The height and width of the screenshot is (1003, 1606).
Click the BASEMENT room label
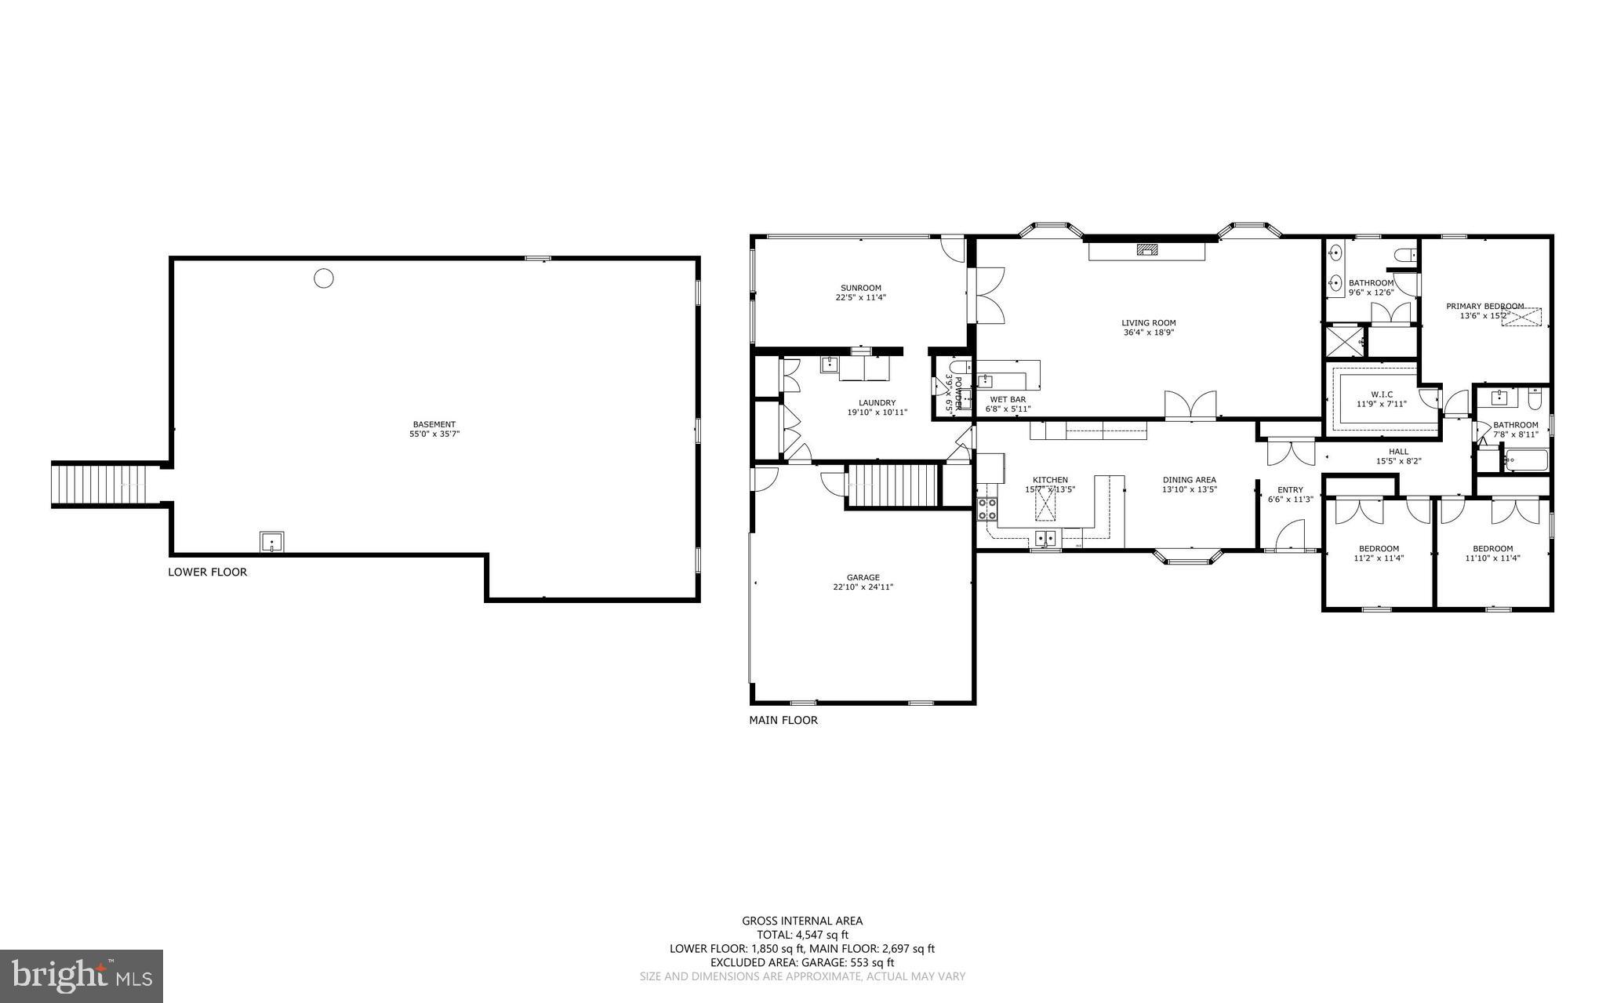pyautogui.click(x=434, y=424)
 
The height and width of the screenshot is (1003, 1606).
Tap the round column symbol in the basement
pyautogui.click(x=324, y=278)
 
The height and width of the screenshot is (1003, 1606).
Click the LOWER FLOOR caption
pyautogui.click(x=207, y=572)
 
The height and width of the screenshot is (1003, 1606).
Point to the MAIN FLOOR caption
pyautogui.click(x=783, y=720)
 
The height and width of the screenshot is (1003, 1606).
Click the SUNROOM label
pyautogui.click(x=860, y=288)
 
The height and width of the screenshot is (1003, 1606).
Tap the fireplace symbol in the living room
pyautogui.click(x=1147, y=250)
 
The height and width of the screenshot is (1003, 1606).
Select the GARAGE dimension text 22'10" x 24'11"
pyautogui.click(x=863, y=587)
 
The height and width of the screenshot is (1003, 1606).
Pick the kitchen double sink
pyautogui.click(x=1045, y=538)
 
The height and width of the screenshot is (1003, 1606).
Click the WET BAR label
pyautogui.click(x=1008, y=399)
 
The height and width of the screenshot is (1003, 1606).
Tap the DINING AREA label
pyautogui.click(x=1189, y=480)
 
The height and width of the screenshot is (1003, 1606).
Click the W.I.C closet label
pyautogui.click(x=1381, y=394)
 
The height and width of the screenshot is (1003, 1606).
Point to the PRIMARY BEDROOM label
pyautogui.click(x=1484, y=307)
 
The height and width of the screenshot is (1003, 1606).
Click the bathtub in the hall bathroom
pyautogui.click(x=1525, y=460)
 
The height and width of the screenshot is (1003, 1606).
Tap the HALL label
pyautogui.click(x=1398, y=452)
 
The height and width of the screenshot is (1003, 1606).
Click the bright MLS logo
pyautogui.click(x=82, y=976)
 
